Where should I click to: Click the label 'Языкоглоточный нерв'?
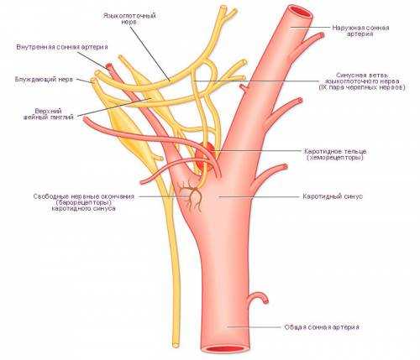click(x=129, y=18)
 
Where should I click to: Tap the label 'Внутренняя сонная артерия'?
click(x=62, y=47)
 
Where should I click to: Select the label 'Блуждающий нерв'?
click(x=44, y=79)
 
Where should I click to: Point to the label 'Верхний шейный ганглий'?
click(x=49, y=114)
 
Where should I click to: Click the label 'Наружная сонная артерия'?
click(x=360, y=31)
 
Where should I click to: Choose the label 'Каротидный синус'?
click(x=333, y=196)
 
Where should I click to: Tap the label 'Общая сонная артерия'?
click(x=322, y=327)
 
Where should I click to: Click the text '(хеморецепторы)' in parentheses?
click(x=335, y=158)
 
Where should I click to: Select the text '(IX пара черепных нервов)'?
click(x=362, y=87)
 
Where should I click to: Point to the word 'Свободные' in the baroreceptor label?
click(x=50, y=196)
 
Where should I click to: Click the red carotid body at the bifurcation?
click(x=204, y=158)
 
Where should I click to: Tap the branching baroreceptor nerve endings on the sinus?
click(x=191, y=196)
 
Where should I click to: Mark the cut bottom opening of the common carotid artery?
click(x=226, y=350)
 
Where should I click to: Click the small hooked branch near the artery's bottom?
click(x=258, y=299)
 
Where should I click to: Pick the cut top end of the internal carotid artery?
click(x=109, y=66)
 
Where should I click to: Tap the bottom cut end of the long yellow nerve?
click(x=176, y=345)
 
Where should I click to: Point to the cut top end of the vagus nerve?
click(x=93, y=81)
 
